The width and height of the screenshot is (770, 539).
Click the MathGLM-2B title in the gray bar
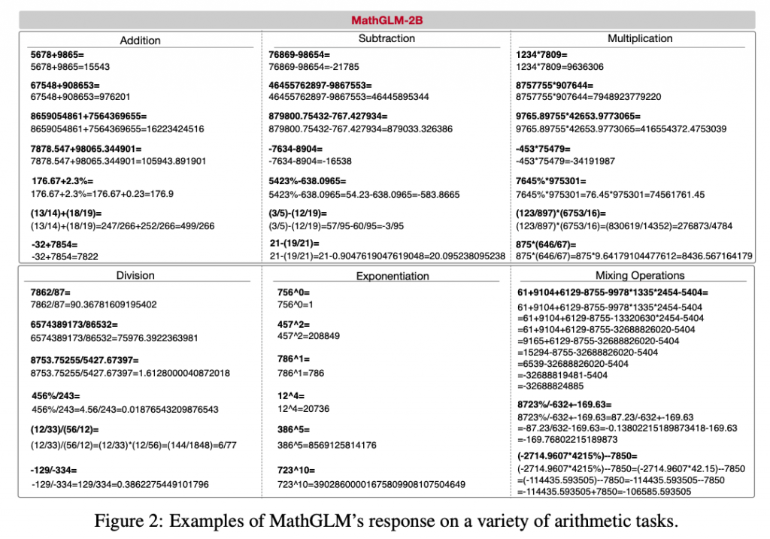coord(386,20)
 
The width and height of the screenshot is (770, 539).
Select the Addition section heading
coord(140,41)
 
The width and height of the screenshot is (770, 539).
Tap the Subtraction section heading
coord(387,38)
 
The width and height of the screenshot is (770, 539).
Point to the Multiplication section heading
coord(640,38)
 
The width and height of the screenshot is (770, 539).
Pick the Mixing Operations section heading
coord(640,275)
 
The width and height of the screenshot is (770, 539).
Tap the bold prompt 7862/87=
coord(53,292)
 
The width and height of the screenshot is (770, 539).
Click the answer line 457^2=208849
coord(308,335)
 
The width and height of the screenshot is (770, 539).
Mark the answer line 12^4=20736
coord(303,409)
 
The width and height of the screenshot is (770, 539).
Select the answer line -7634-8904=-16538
coord(310,161)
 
